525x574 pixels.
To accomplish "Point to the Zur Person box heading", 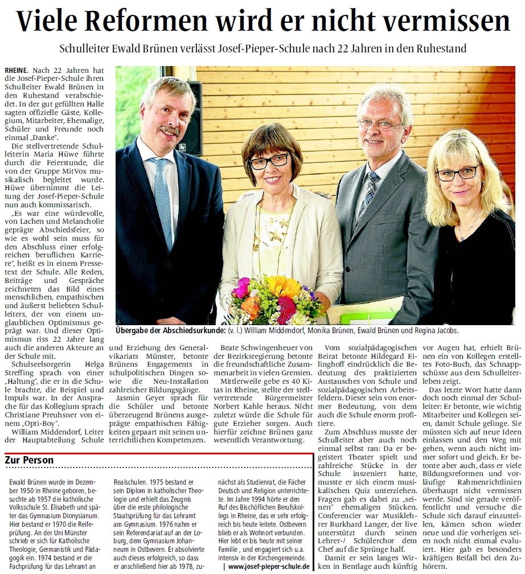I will pos(29,460).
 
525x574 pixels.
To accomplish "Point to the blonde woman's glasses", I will pos(458,172).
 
